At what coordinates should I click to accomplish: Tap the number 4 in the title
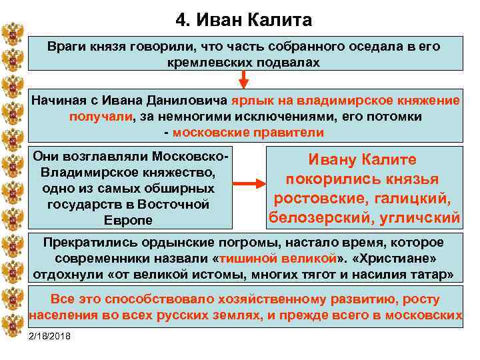click(179, 20)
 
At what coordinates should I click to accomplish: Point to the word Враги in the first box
click(67, 47)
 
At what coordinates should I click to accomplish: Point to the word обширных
click(181, 188)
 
